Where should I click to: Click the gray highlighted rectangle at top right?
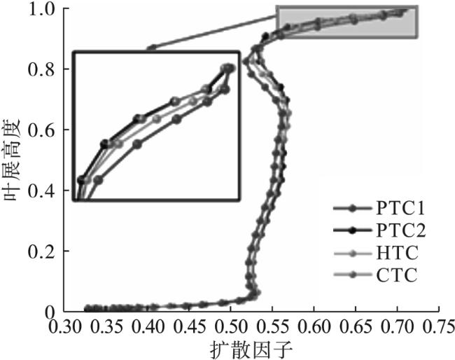coord(346,22)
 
